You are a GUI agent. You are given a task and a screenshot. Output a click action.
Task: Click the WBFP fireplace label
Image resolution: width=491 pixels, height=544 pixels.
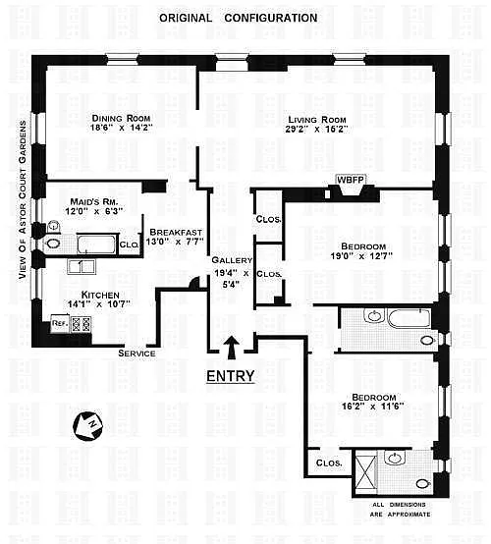point(351,180)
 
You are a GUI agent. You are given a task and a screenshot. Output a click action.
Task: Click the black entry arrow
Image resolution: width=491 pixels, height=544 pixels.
point(231,348)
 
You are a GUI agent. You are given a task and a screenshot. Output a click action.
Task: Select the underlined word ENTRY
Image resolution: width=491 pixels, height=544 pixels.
point(231,376)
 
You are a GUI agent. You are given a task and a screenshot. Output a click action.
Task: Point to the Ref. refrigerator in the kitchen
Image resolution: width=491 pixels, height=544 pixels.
point(60,324)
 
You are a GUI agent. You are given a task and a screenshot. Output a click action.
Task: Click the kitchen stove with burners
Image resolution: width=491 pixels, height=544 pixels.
point(82,324)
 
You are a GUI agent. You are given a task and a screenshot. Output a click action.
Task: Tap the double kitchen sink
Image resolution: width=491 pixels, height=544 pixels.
point(82,267)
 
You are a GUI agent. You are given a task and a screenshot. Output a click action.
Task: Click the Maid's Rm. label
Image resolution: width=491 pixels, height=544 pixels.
point(94,201)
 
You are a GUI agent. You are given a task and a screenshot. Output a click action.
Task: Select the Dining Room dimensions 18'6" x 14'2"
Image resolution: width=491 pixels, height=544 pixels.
point(122,128)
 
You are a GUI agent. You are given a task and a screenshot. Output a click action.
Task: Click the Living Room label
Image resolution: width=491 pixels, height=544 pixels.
point(317,120)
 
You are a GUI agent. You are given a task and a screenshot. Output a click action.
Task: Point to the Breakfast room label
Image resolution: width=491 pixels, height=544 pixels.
point(176,232)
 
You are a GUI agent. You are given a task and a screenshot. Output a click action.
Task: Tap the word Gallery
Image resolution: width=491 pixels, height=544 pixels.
point(232,260)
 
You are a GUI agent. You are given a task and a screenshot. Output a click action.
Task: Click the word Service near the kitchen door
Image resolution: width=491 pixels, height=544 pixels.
point(136,354)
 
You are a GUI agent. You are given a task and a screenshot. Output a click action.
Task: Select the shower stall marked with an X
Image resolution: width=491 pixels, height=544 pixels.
point(365,471)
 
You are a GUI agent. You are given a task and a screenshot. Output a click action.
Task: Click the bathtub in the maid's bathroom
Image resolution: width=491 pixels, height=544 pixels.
point(96,245)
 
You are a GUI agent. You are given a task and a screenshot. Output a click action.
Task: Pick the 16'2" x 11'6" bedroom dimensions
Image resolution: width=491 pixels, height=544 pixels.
point(373,407)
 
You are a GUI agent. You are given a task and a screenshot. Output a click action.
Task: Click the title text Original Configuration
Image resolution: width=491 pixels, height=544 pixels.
point(239,18)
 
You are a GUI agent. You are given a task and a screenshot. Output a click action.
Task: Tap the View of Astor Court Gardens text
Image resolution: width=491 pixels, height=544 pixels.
point(23,200)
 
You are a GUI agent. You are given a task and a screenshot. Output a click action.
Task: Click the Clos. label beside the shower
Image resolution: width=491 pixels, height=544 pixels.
point(329,463)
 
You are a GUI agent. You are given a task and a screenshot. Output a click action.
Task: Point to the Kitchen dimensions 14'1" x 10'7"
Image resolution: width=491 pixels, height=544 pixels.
point(99,304)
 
